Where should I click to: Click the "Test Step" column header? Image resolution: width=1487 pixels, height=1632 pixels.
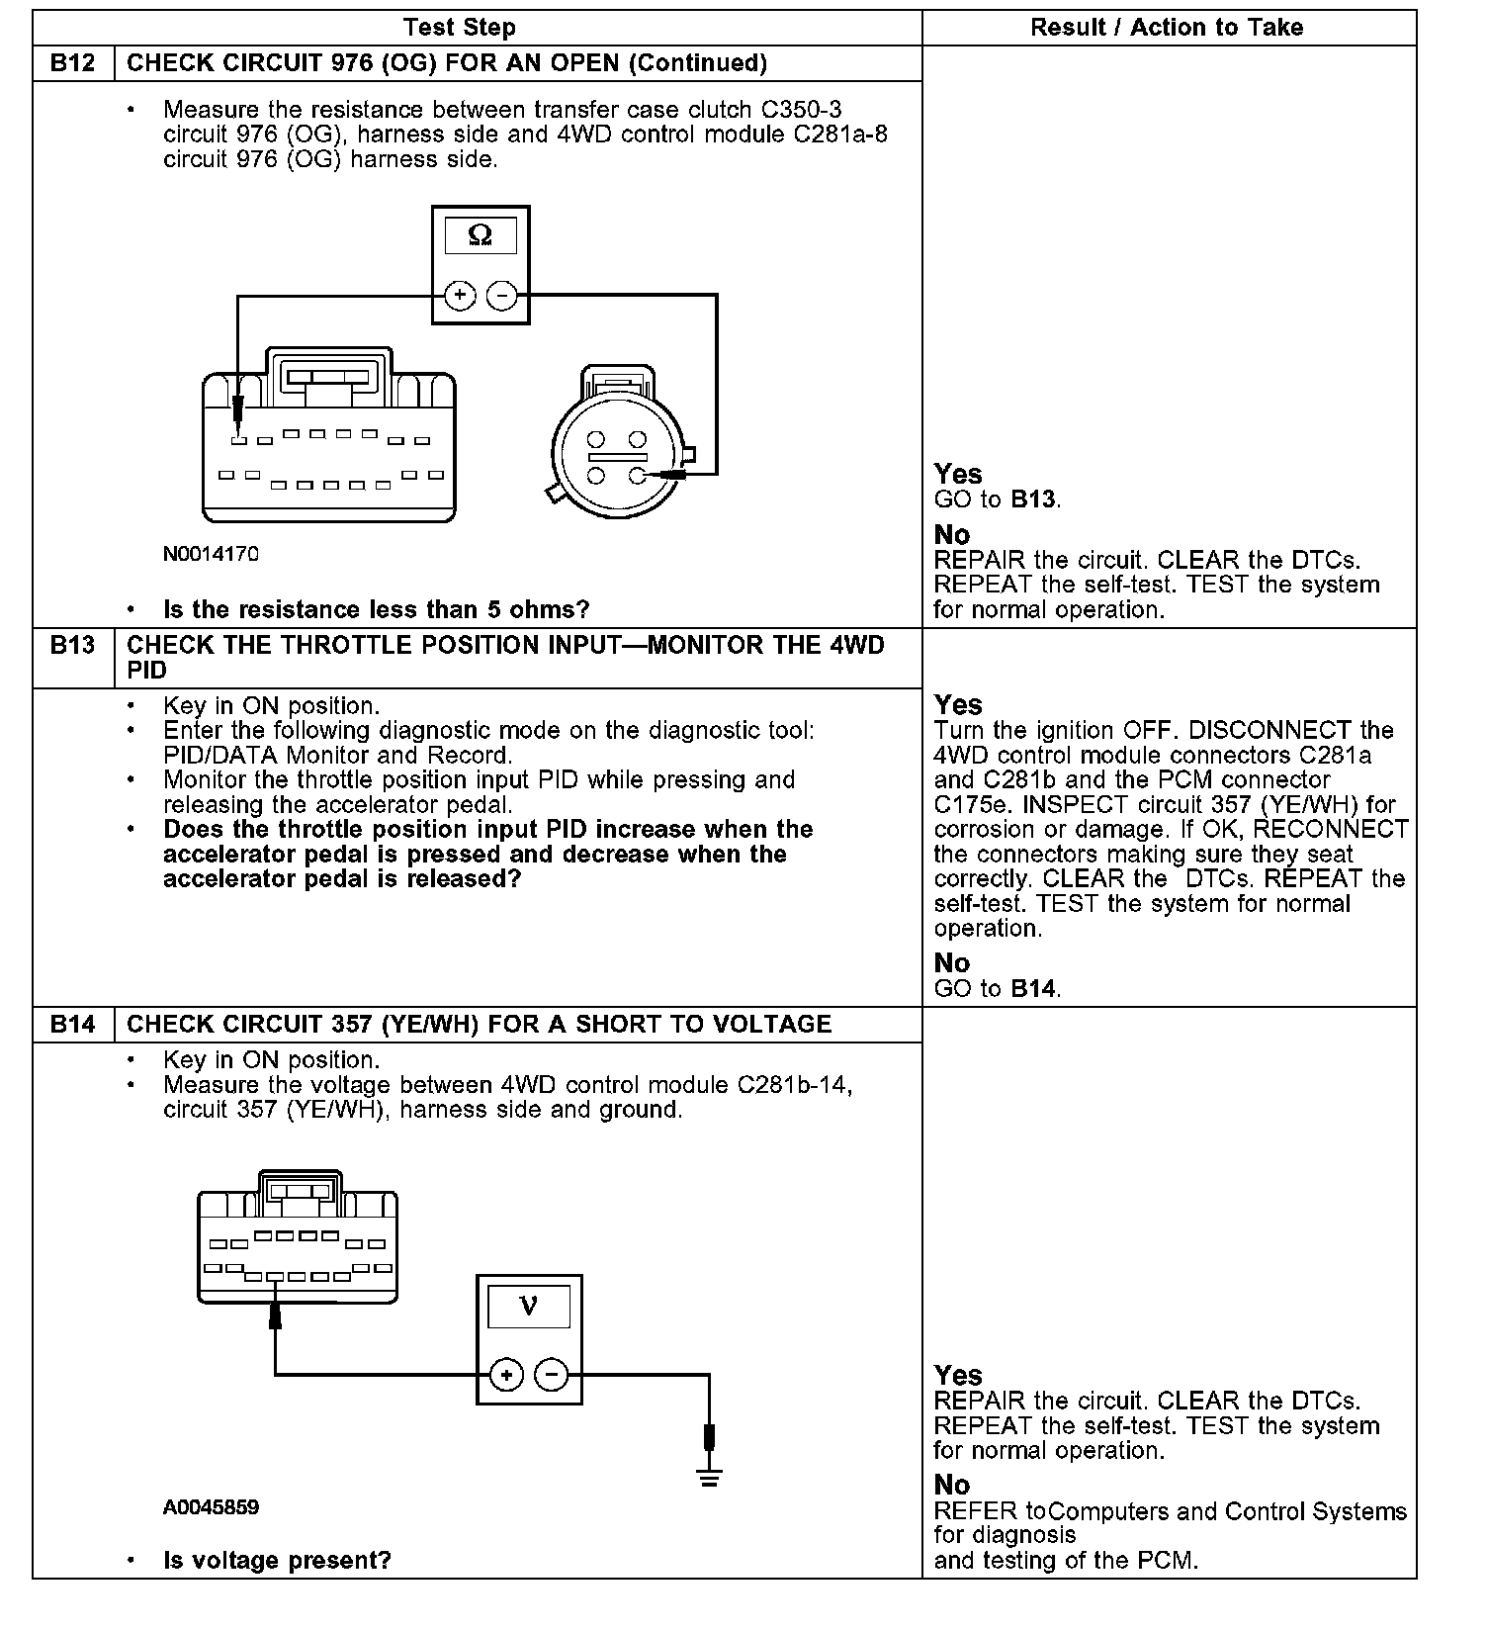(460, 28)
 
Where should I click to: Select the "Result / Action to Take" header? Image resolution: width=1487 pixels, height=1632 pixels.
(1167, 28)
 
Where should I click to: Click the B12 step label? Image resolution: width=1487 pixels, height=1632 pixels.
(73, 63)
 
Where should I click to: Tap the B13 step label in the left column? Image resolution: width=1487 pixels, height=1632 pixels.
(73, 645)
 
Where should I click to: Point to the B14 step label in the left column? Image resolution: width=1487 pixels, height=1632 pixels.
(73, 1024)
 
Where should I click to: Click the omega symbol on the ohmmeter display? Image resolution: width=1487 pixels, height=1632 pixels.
(480, 235)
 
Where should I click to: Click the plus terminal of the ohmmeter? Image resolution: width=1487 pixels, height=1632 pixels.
(460, 295)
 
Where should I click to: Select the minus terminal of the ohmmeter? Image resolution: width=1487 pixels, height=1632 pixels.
(502, 295)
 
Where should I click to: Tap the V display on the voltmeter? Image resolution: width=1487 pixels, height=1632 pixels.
(529, 1307)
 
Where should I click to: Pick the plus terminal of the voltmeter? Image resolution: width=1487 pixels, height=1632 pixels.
(506, 1375)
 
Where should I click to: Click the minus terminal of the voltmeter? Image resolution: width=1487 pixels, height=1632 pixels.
(552, 1375)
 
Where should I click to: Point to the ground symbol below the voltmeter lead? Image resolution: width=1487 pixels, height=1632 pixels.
(709, 1479)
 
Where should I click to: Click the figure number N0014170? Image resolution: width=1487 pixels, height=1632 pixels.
(211, 554)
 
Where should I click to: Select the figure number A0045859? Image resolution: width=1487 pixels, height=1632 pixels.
(212, 1507)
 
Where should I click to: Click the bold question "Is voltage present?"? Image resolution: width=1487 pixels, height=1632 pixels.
(277, 1561)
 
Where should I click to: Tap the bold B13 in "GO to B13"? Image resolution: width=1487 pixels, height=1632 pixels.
(1033, 499)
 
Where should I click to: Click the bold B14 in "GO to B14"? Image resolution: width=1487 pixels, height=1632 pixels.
(1033, 988)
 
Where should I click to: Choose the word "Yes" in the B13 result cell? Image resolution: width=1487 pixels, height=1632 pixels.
(958, 705)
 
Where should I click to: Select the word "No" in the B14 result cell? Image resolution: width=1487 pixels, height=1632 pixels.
(952, 1485)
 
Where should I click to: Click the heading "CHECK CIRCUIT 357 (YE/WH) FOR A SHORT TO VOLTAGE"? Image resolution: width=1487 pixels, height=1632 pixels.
(480, 1024)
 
